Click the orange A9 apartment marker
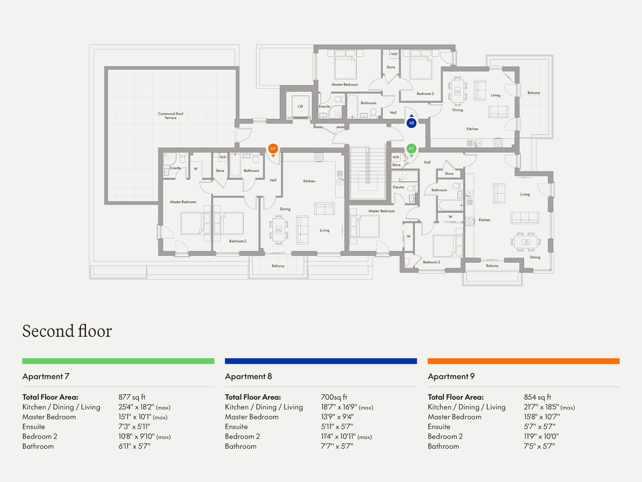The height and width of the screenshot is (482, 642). point(273,149)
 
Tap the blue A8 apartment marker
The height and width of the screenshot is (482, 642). point(411,123)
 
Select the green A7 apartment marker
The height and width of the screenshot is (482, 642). point(411,149)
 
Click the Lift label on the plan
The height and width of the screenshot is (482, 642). point(300,106)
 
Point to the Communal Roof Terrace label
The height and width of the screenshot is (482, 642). point(171,116)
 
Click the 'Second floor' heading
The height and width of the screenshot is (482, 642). point(67,331)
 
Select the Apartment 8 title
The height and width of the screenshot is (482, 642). point(248,376)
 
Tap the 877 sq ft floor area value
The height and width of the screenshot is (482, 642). point(132,397)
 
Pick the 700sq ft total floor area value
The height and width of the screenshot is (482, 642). point(334,397)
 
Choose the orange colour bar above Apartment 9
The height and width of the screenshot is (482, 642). point(523,361)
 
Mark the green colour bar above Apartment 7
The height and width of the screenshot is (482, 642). point(118,361)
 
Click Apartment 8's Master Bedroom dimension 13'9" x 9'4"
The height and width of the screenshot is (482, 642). point(337,417)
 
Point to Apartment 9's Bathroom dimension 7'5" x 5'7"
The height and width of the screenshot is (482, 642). point(539,446)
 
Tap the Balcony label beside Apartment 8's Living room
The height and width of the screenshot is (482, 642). point(534,93)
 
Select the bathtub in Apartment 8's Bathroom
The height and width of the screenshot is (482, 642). point(352,106)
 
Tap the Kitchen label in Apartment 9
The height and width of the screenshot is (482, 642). point(309,181)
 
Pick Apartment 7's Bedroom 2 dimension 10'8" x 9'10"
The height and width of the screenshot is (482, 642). point(145,436)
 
